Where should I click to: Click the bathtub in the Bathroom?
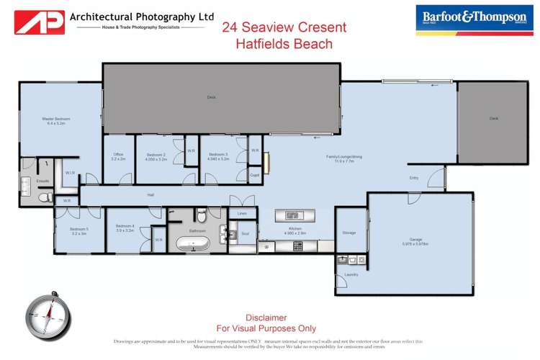point(192,245)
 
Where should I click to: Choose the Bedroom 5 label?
point(78,231)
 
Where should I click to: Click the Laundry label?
point(351,274)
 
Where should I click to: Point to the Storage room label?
point(349,233)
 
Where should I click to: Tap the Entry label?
point(413,178)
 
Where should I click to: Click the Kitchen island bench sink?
point(292,215)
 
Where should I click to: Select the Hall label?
point(151,194)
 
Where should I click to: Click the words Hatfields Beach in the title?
point(284,44)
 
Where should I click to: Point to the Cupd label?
point(255,175)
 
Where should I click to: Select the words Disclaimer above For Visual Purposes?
point(266,318)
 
